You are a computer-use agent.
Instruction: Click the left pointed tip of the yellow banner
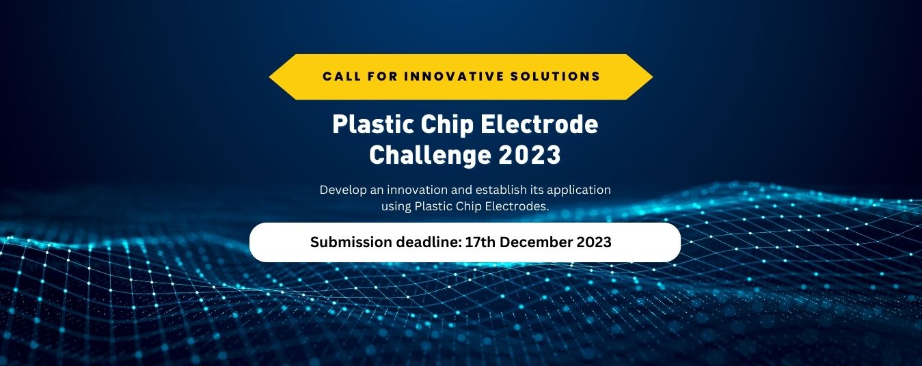pyautogui.click(x=269, y=77)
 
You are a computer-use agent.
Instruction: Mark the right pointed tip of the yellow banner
pyautogui.click(x=653, y=77)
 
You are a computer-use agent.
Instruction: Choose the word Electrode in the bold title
pyautogui.click(x=539, y=124)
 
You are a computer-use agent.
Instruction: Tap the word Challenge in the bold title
pyautogui.click(x=430, y=156)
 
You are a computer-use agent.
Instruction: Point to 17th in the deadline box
pyautogui.click(x=480, y=242)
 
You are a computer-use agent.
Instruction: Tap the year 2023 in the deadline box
pyautogui.click(x=594, y=242)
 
